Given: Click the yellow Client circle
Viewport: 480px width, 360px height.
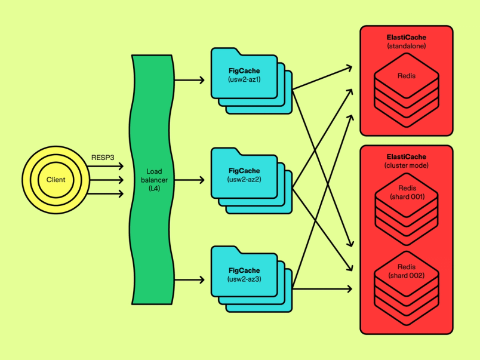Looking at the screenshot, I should (x=56, y=180).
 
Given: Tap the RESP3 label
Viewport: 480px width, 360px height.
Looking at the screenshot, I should (x=102, y=158).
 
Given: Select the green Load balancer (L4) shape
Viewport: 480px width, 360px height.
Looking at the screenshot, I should (x=152, y=179).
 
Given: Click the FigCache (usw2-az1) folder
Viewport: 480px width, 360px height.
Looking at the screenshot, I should (x=244, y=75).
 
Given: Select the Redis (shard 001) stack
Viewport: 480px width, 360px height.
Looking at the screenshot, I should (x=407, y=206).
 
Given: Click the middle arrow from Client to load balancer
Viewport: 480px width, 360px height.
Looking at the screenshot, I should (x=107, y=180).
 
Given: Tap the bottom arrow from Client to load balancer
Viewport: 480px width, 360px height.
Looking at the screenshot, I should (x=107, y=193).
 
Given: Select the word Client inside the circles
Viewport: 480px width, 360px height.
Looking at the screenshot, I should (x=56, y=180).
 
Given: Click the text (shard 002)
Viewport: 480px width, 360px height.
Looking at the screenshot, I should (x=407, y=275).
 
